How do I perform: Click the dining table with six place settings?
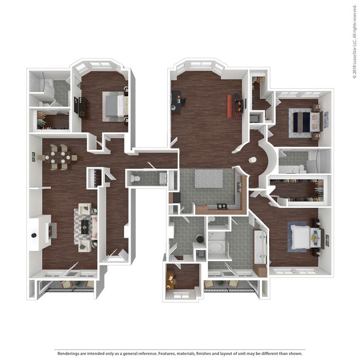pyautogui.click(x=58, y=157)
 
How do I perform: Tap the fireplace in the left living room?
pyautogui.click(x=50, y=231)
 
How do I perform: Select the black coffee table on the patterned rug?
pyautogui.click(x=86, y=224)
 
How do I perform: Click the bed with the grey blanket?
pyautogui.click(x=114, y=106)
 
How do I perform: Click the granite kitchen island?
pyautogui.click(x=208, y=179)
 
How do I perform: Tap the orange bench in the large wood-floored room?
pyautogui.click(x=229, y=105)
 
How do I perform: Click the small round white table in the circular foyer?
pyautogui.click(x=253, y=160)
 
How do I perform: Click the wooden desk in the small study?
pyautogui.click(x=171, y=280)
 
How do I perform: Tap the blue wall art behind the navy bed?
pyautogui.click(x=326, y=119)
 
